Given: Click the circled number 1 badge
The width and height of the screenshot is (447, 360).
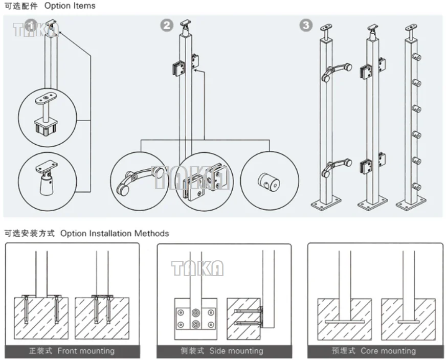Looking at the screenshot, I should tap(31, 25).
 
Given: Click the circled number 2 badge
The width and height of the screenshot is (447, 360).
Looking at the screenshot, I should tap(167, 25).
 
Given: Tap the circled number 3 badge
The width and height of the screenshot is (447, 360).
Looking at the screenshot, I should tap(305, 25).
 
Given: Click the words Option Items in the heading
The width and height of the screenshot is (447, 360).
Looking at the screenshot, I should tap(70, 6).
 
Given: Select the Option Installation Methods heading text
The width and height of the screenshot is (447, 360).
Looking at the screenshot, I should tap(115, 233).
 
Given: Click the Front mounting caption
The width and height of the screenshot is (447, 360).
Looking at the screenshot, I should tap(86, 351).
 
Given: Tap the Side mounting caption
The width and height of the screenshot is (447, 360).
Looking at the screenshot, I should tap(236, 351).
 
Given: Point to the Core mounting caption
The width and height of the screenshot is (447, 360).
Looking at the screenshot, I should tap(388, 351).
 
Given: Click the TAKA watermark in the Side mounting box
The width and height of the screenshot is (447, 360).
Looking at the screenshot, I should tap(197, 268).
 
